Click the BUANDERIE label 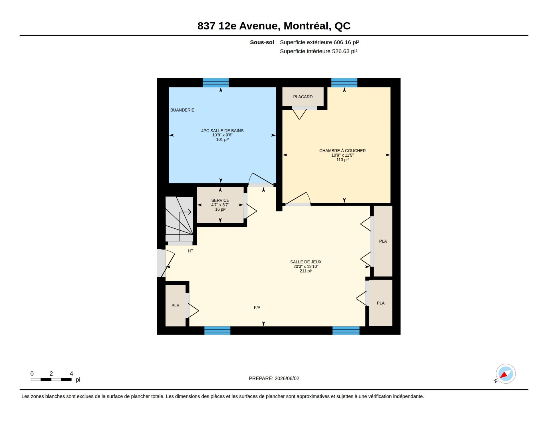182,110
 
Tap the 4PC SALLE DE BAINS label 222,131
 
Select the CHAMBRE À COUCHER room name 342,151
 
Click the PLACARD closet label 303,97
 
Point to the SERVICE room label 220,200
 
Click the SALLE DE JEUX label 306,262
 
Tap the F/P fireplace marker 257,308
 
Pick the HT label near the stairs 190,251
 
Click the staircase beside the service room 179,219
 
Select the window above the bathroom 215,82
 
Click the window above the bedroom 344,82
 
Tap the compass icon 505,374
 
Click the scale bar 51,380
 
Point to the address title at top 274,26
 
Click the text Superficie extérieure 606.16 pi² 319,42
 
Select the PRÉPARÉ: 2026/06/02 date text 274,379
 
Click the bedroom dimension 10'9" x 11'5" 342,155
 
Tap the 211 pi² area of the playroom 306,271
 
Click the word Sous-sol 262,42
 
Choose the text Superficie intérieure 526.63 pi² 319,51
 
